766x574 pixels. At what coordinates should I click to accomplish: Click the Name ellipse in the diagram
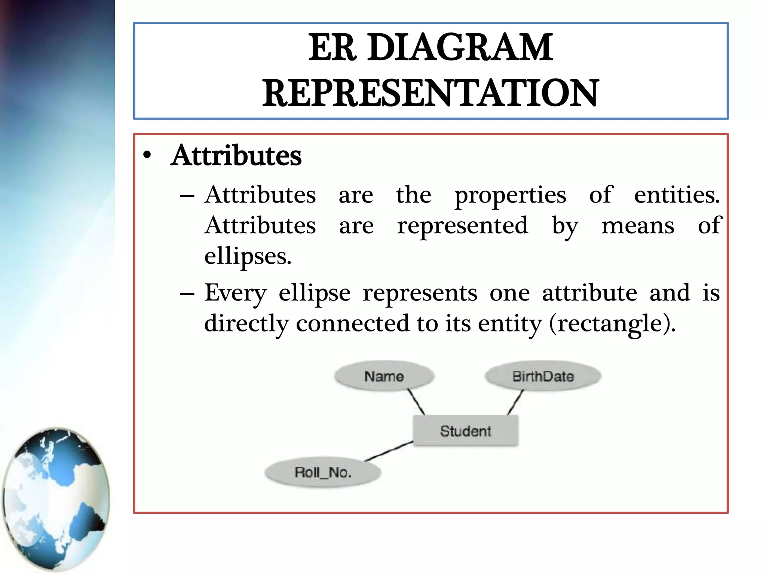tap(384, 376)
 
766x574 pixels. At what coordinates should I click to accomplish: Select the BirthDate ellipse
tap(543, 376)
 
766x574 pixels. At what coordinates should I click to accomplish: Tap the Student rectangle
tap(465, 431)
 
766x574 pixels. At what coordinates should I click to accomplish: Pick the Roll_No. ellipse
tap(323, 472)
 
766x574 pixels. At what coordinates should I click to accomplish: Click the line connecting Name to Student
tap(416, 402)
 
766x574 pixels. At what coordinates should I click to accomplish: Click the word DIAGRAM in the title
tap(460, 47)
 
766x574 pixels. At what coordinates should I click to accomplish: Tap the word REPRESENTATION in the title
tap(431, 93)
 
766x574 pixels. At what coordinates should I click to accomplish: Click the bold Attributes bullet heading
tap(236, 155)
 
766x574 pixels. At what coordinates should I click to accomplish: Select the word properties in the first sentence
tap(510, 195)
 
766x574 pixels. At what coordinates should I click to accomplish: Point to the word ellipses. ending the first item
tap(248, 256)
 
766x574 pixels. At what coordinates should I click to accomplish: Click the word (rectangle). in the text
tap(612, 323)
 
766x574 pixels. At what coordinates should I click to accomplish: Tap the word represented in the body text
tap(463, 226)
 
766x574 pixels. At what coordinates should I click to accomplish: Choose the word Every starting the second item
tap(235, 293)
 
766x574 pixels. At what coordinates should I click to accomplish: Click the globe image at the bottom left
tap(56, 499)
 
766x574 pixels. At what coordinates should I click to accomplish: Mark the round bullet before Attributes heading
tap(147, 155)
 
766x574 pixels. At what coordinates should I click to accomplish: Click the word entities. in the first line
tap(677, 195)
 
